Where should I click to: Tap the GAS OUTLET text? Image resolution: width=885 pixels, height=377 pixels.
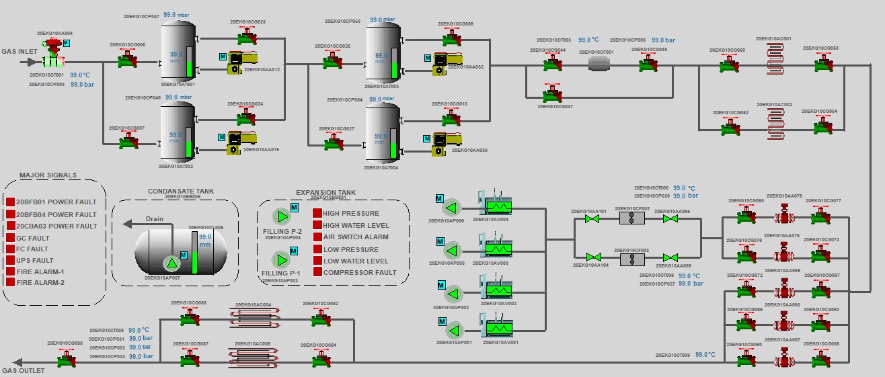pyautogui.click(x=23, y=370)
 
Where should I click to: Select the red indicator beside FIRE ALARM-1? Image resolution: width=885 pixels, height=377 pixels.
pyautogui.click(x=10, y=271)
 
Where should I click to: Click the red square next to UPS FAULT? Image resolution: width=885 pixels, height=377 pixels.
pyautogui.click(x=10, y=260)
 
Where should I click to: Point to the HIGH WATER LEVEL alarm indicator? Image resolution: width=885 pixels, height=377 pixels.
pyautogui.click(x=317, y=225)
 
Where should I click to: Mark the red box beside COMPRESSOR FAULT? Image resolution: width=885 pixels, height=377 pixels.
pyautogui.click(x=317, y=272)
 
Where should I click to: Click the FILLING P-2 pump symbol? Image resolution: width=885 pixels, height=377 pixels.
pyautogui.click(x=280, y=216)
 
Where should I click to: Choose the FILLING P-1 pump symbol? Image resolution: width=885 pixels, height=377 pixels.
pyautogui.click(x=280, y=260)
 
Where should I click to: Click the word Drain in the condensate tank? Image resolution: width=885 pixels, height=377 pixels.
pyautogui.click(x=155, y=218)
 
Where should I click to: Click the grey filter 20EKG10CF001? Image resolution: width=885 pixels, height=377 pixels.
pyautogui.click(x=599, y=63)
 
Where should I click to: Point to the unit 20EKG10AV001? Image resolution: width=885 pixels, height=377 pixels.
pyautogui.click(x=499, y=329)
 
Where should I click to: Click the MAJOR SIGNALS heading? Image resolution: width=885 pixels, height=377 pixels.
pyautogui.click(x=48, y=175)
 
